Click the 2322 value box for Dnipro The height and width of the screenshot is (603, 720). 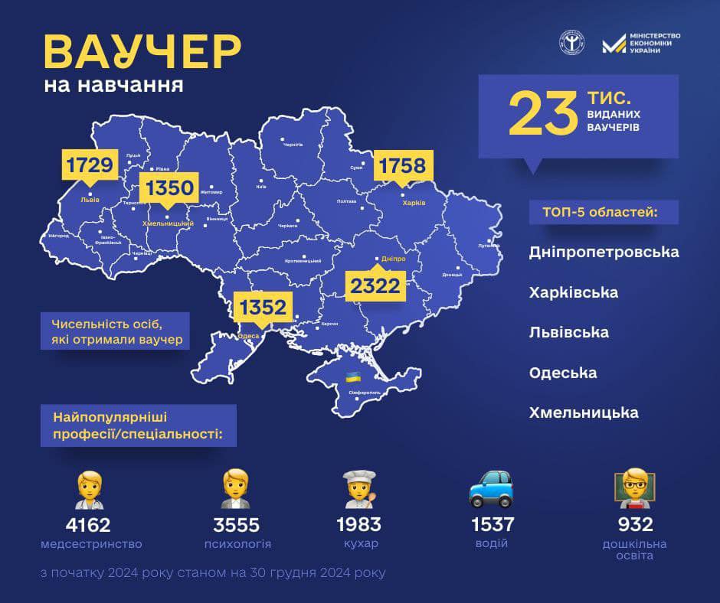[375, 285]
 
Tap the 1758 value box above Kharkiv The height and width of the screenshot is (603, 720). [404, 166]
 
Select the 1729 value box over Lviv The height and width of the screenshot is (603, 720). [90, 165]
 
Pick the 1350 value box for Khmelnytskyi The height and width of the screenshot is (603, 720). [169, 188]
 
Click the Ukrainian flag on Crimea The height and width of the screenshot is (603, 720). [353, 376]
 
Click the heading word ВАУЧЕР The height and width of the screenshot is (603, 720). [142, 51]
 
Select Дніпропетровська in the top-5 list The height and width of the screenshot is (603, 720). [604, 252]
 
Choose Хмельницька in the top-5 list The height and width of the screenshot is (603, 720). [584, 412]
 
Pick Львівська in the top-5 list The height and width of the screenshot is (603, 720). [569, 332]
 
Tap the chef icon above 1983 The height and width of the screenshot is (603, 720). [358, 489]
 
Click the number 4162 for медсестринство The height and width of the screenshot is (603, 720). [88, 525]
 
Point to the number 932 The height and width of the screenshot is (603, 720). [633, 524]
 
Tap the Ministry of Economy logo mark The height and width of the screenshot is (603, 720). [614, 44]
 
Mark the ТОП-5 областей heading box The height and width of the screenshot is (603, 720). [604, 212]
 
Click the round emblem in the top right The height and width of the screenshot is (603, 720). [571, 42]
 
